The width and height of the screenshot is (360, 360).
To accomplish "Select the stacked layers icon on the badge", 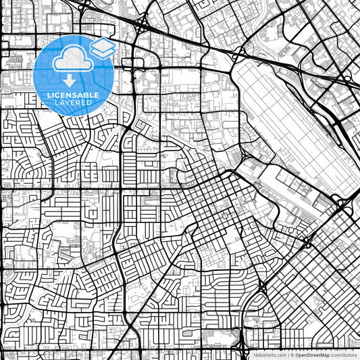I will pyautogui.click(x=103, y=48).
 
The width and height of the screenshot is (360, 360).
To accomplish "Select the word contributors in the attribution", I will pyautogui.click(x=344, y=355).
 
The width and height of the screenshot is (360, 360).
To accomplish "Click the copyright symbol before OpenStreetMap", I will pyautogui.click(x=292, y=355).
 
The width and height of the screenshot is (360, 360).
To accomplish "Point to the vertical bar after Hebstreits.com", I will pyautogui.click(x=286, y=355).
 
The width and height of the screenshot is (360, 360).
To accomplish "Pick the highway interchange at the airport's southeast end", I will pyautogui.click(x=338, y=202).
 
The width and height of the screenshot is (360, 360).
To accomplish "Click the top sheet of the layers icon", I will pyautogui.click(x=103, y=44).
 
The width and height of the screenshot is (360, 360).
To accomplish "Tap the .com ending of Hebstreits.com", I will pyautogui.click(x=278, y=355).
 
